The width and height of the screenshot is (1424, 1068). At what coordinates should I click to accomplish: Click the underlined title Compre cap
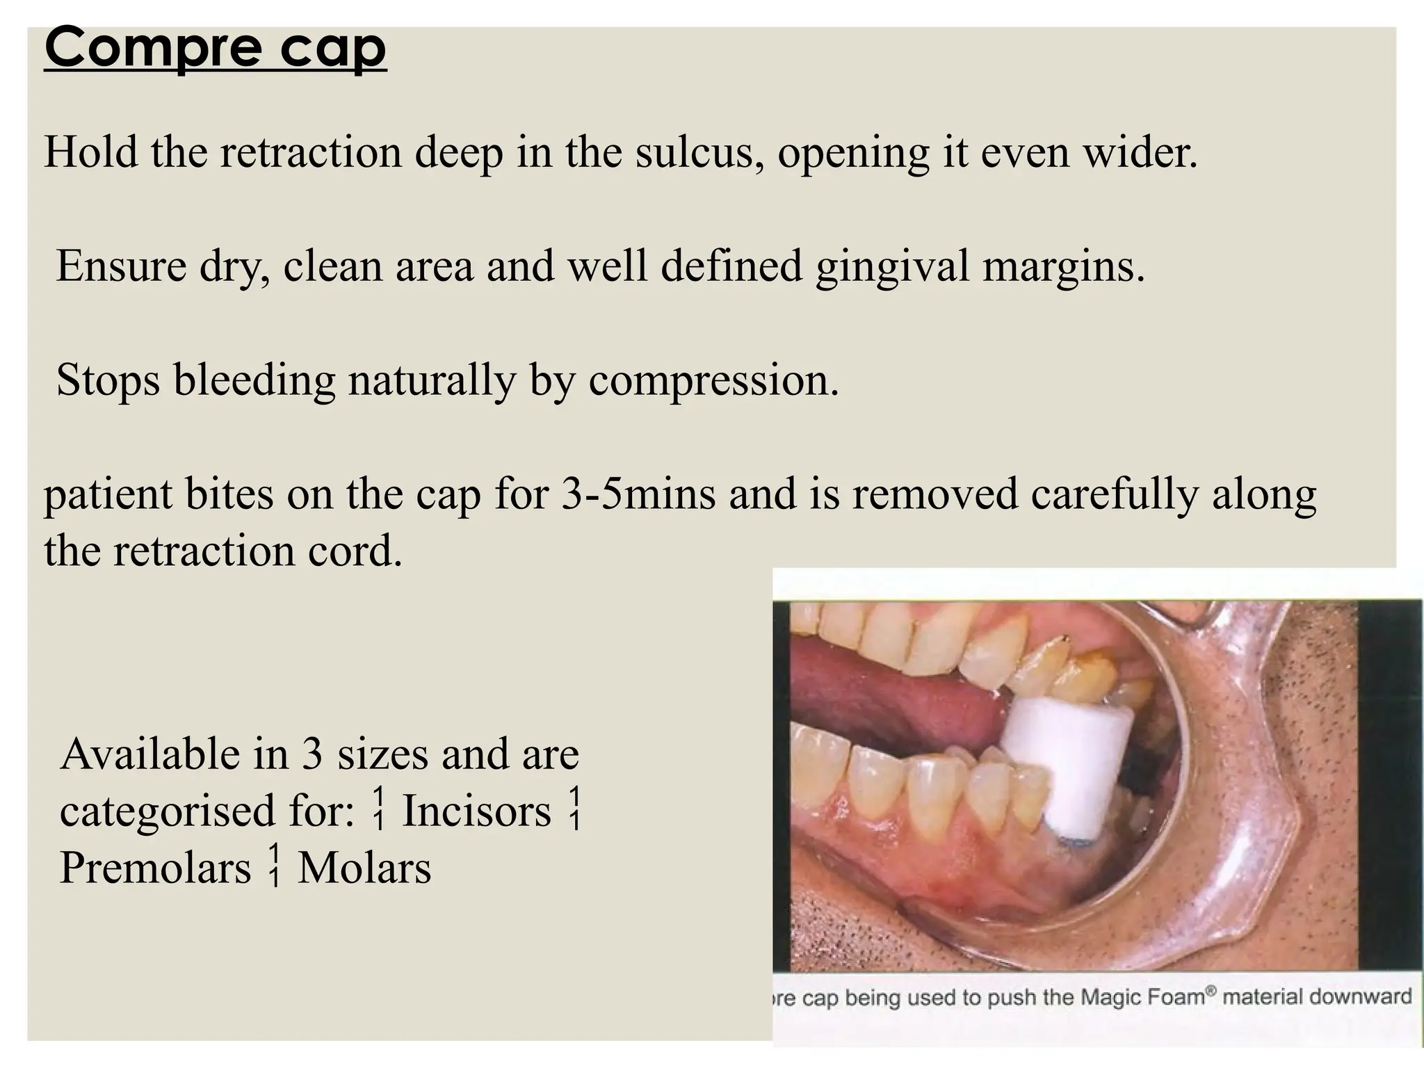[215, 49]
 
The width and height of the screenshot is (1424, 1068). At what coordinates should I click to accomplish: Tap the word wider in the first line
[1140, 152]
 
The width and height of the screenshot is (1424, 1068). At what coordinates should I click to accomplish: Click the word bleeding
[254, 381]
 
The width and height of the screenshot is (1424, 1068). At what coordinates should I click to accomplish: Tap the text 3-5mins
[638, 494]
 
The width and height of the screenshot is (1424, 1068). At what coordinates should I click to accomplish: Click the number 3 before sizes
[311, 754]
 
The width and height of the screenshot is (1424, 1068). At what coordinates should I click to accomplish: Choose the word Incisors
[477, 811]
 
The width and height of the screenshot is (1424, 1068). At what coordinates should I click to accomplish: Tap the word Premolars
[155, 868]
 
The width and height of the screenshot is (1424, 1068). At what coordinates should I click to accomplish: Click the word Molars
[364, 868]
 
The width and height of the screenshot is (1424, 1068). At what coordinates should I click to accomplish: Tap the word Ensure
[121, 266]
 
